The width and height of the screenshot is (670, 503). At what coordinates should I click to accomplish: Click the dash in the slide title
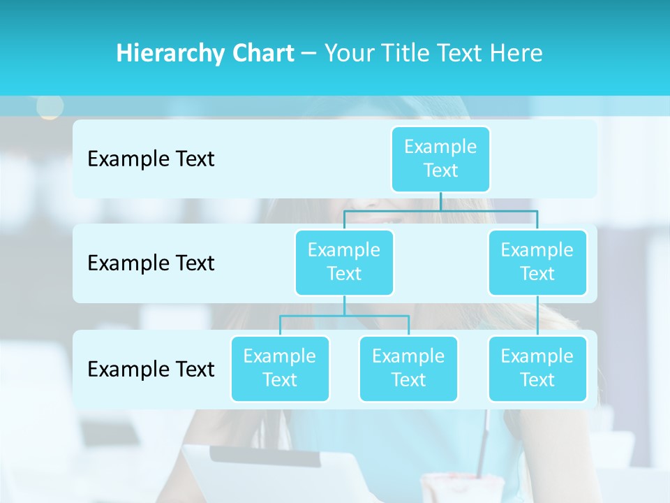pyautogui.click(x=308, y=54)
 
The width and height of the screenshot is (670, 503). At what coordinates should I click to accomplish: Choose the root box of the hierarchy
pyautogui.click(x=440, y=159)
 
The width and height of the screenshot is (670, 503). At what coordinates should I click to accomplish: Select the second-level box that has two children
pyautogui.click(x=344, y=262)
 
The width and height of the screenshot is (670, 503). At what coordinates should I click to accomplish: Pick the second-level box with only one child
pyautogui.click(x=537, y=262)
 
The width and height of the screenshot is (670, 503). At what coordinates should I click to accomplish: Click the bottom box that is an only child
pyautogui.click(x=537, y=368)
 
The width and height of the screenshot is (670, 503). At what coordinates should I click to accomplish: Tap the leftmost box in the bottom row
pyautogui.click(x=280, y=368)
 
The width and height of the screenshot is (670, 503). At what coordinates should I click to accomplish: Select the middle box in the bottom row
pyautogui.click(x=408, y=368)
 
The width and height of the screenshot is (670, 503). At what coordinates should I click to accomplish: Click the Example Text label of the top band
pyautogui.click(x=151, y=159)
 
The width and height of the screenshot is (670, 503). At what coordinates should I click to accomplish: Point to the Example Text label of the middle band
pyautogui.click(x=151, y=263)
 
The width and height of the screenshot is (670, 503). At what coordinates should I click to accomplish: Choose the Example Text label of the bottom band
pyautogui.click(x=151, y=369)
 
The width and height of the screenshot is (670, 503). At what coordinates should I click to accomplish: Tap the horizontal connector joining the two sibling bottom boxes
pyautogui.click(x=344, y=316)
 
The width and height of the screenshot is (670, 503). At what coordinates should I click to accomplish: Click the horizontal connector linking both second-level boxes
pyautogui.click(x=440, y=211)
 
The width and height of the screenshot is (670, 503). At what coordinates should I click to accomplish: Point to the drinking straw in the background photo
pyautogui.click(x=482, y=447)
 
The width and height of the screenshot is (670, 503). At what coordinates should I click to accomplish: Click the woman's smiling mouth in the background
pyautogui.click(x=380, y=217)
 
